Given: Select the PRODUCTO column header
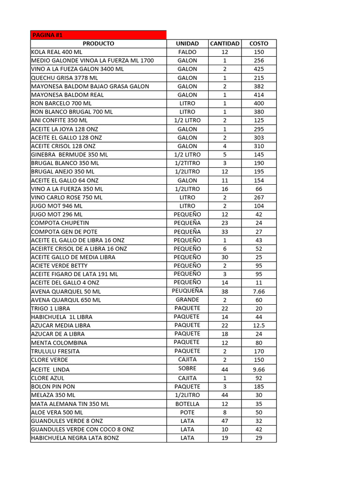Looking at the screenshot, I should [x=98, y=44].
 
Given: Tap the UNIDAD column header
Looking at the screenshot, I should [x=187, y=44].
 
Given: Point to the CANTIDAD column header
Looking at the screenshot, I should [x=225, y=44].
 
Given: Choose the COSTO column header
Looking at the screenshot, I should [x=259, y=44].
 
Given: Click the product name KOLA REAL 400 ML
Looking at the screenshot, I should [x=56, y=52].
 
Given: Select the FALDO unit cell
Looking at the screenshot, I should [x=187, y=52].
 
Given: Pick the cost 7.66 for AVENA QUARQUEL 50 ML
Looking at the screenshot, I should [x=259, y=291].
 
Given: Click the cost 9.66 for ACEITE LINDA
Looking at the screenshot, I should [x=259, y=369].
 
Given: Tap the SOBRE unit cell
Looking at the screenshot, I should [x=187, y=368].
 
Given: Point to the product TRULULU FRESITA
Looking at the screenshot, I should [x=55, y=351].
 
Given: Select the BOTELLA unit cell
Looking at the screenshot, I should [x=187, y=404].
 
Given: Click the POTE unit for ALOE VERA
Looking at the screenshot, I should [x=187, y=412].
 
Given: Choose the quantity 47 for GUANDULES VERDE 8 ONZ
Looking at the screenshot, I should [x=225, y=421].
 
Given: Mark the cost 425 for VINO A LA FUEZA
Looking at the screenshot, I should [x=259, y=69].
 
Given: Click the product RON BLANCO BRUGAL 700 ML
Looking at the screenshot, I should [x=72, y=112].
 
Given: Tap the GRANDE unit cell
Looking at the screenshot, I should [x=187, y=300].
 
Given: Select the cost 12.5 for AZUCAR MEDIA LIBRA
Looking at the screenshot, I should [x=259, y=325].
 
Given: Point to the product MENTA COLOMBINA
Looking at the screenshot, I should [x=59, y=343].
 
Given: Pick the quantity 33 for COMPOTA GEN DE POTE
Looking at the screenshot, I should [x=225, y=232].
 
